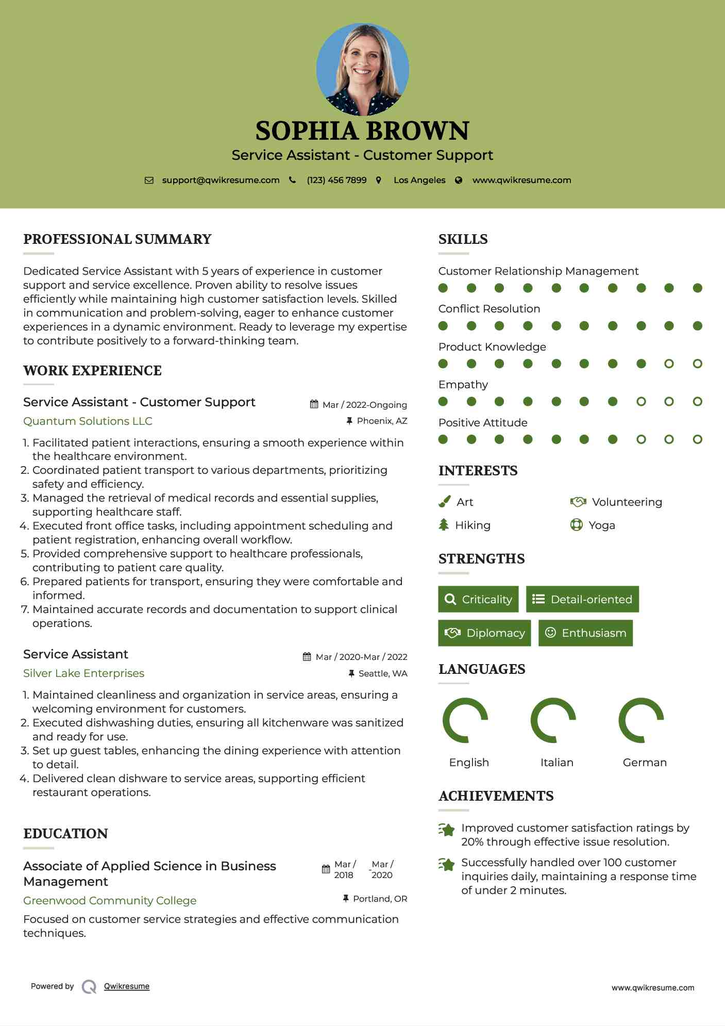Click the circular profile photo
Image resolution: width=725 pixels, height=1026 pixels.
[x=362, y=69]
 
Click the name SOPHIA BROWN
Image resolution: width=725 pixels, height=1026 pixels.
[x=362, y=131]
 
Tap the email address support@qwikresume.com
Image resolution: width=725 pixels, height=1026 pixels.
[x=221, y=180]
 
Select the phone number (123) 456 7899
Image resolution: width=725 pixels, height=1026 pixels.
[x=336, y=180]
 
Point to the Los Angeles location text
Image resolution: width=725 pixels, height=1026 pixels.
[x=419, y=180]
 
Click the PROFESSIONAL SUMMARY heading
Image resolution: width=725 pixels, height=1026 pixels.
[x=117, y=239]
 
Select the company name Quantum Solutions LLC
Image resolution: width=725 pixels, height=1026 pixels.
[x=88, y=421]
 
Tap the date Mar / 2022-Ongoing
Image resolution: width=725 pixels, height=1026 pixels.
[x=364, y=405]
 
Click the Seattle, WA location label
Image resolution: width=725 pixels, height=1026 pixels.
[x=382, y=673]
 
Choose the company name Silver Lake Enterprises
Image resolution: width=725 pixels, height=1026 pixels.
[x=83, y=673]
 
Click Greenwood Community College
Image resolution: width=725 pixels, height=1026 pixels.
[x=110, y=901]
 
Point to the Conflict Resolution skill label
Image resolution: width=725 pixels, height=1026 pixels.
[x=489, y=309]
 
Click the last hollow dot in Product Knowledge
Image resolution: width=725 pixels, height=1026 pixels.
[x=697, y=363]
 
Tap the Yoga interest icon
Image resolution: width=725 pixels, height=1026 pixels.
[x=576, y=525]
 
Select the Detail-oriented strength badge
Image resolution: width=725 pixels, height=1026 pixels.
[x=582, y=599]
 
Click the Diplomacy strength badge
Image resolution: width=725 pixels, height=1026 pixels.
[x=484, y=633]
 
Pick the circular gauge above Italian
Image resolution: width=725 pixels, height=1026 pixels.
[x=553, y=720]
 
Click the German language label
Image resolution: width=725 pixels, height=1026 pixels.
[x=645, y=763]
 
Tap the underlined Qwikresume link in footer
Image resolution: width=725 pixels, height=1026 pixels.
[x=127, y=986]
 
